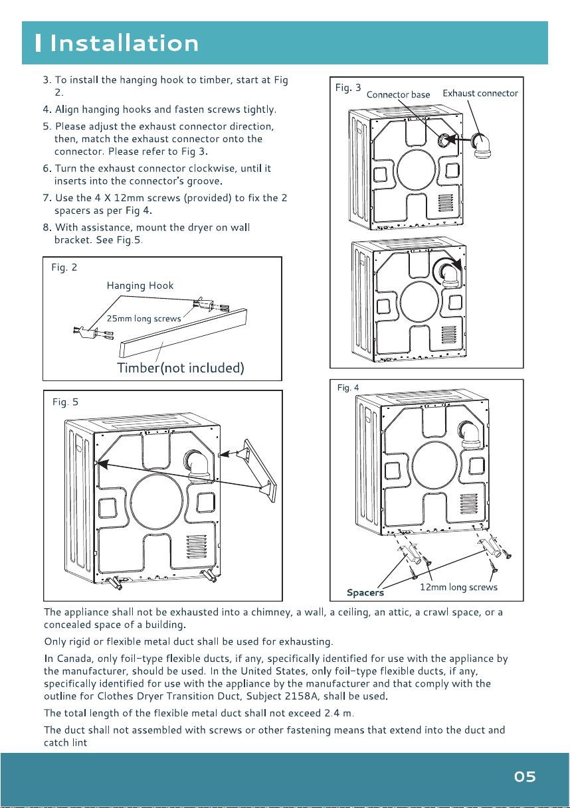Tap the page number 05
(525, 776)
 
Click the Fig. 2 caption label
(64, 268)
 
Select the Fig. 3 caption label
(348, 88)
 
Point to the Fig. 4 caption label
(348, 388)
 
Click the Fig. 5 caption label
(65, 402)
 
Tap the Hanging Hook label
(140, 285)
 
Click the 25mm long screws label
(143, 319)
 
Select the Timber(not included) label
(181, 368)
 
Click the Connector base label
(398, 95)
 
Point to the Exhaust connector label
(480, 94)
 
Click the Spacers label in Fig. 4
(365, 593)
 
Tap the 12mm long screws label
(458, 587)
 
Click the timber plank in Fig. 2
(183, 333)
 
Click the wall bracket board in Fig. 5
(260, 470)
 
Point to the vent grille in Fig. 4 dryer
(469, 504)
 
